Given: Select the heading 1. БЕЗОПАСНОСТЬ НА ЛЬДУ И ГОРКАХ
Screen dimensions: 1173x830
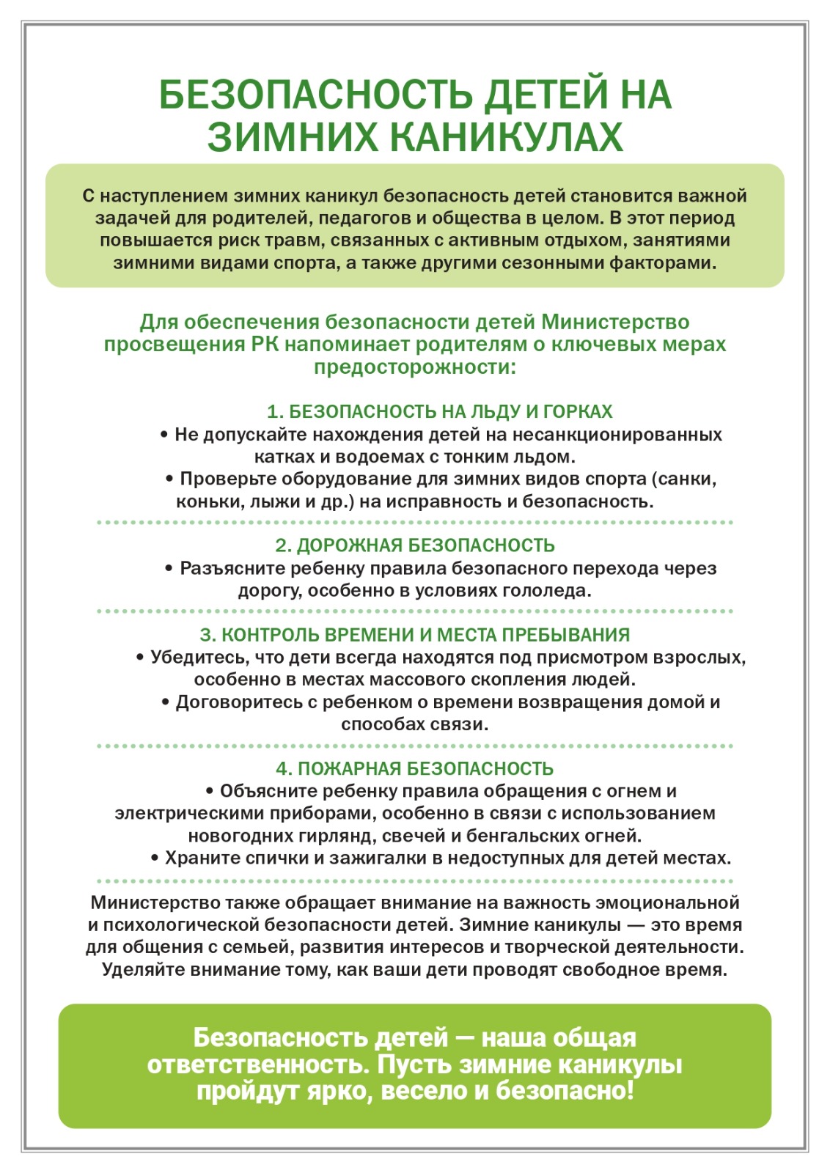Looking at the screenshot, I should point(440,411).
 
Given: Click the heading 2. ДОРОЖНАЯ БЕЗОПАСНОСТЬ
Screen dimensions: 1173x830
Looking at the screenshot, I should point(415,545).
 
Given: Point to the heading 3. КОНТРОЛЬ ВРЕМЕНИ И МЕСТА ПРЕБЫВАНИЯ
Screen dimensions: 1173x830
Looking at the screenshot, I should point(415,635).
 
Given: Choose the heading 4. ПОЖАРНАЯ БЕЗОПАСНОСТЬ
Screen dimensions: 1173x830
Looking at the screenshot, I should point(415,768).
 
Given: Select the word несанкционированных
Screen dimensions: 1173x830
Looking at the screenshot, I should point(617,435).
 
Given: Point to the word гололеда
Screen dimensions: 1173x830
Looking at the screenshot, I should point(550,591).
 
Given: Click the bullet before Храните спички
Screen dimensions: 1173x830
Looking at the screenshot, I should point(155,858).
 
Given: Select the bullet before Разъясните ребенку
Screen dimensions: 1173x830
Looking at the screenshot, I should point(169,568).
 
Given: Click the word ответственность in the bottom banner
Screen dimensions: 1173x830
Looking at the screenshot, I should point(257,1064).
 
